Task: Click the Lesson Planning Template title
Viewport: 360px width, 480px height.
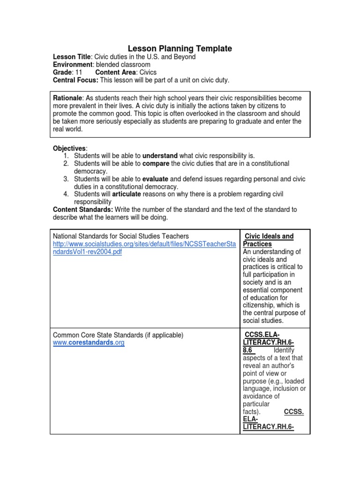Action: pos(180,48)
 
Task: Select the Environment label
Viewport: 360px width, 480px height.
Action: pos(73,65)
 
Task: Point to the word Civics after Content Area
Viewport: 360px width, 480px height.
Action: pos(147,73)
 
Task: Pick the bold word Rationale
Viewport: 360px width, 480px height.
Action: pos(67,98)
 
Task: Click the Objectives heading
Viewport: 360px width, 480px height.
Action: pos(69,148)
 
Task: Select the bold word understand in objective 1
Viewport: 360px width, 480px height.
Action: pos(160,156)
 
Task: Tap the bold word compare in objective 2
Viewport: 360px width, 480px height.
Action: pos(156,164)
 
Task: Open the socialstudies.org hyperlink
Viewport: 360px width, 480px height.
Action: pos(144,248)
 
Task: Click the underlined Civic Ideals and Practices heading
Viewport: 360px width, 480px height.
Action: pos(269,240)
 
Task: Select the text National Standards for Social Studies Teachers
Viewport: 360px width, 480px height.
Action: pos(121,236)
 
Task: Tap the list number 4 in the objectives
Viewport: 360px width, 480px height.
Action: pos(66,194)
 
